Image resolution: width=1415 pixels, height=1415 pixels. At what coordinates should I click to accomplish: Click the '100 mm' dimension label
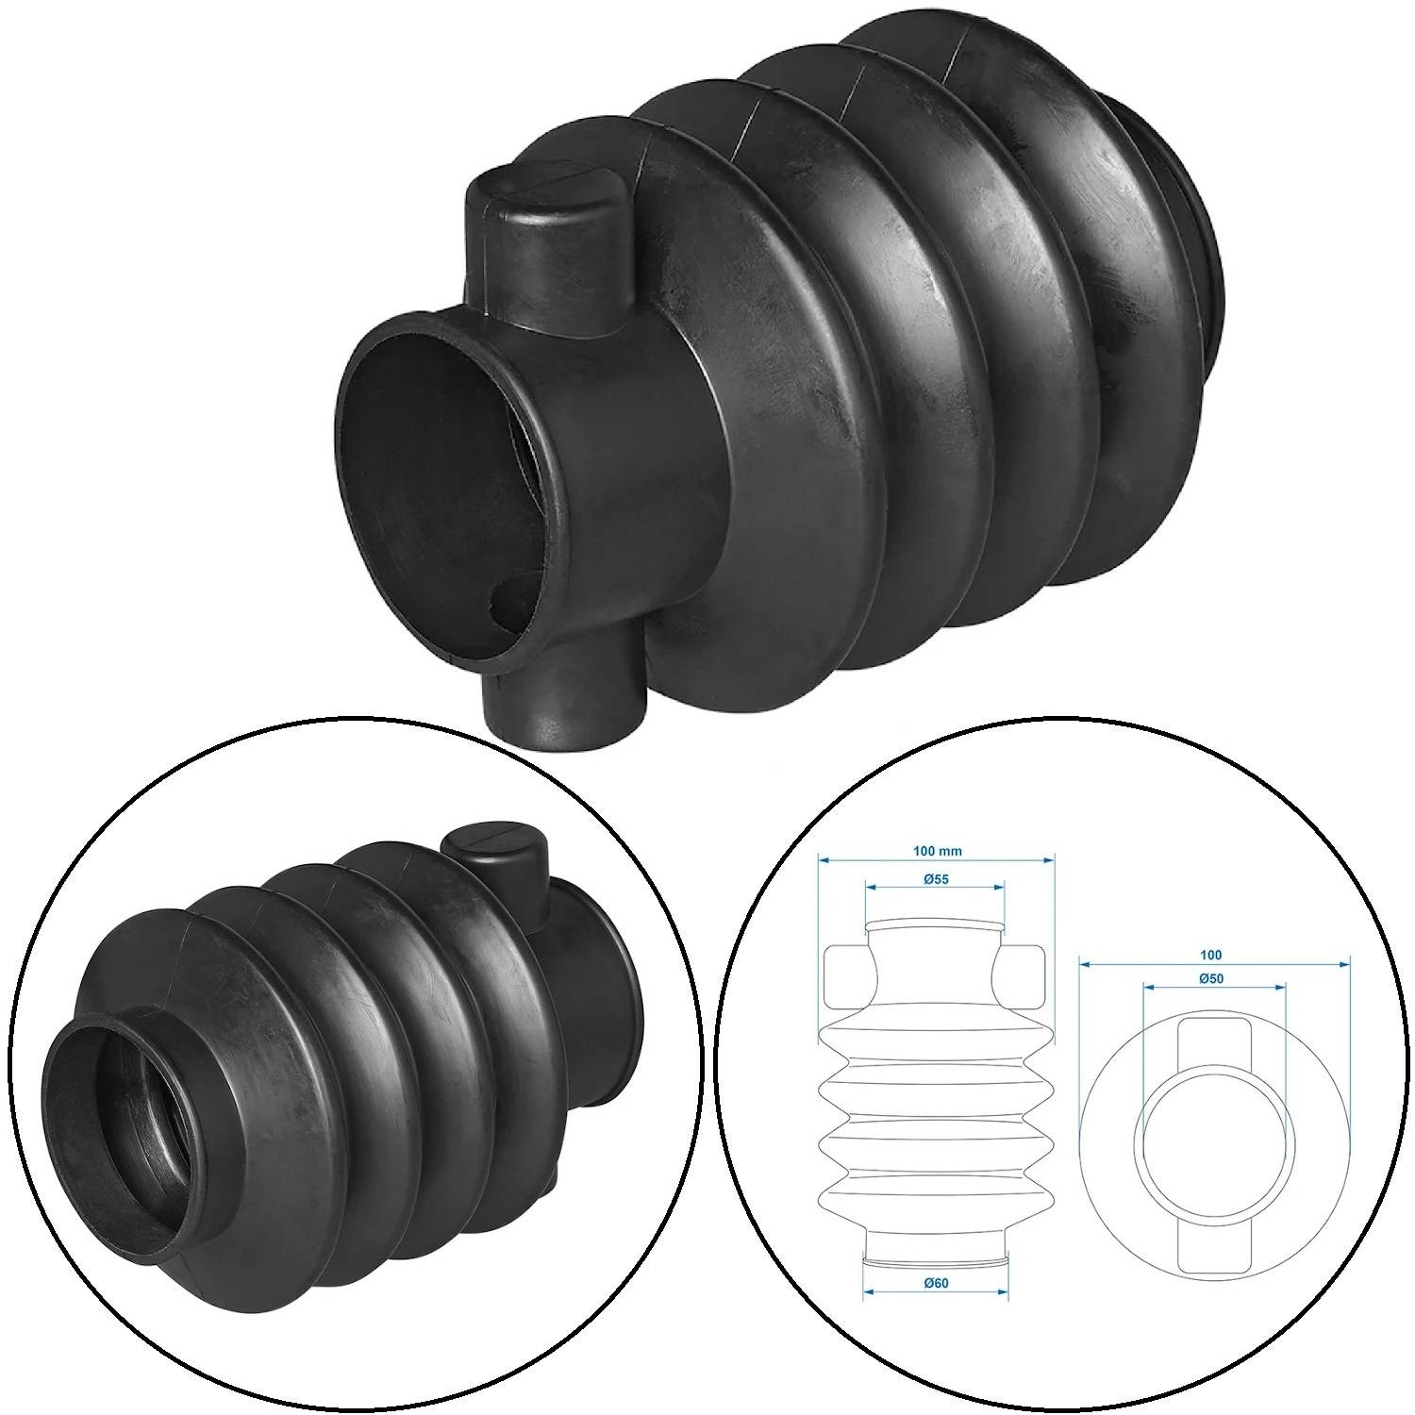[x=937, y=850]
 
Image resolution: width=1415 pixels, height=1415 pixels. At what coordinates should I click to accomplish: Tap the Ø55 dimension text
[x=936, y=878]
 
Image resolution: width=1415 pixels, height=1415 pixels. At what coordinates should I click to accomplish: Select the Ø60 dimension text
[x=936, y=1282]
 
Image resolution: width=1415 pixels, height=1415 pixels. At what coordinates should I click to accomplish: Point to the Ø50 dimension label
[x=1212, y=978]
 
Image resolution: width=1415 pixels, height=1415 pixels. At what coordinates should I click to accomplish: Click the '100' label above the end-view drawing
[x=1213, y=956]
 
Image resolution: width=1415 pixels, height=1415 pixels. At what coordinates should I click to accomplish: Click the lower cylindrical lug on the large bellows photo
[x=563, y=697]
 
